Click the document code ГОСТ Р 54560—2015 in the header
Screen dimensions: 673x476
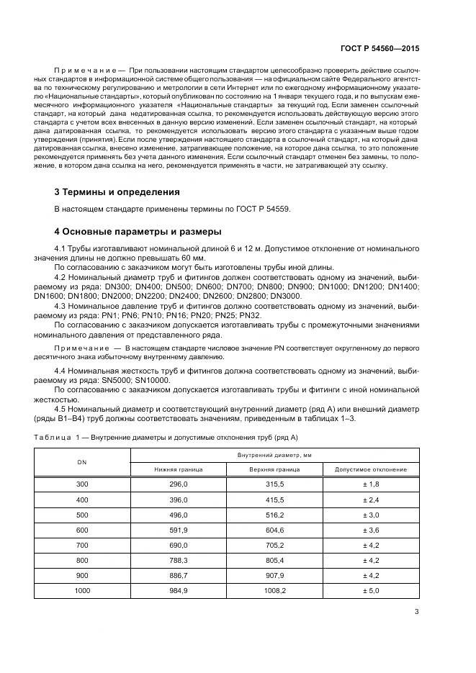[x=380, y=48]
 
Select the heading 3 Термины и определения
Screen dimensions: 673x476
[x=117, y=192]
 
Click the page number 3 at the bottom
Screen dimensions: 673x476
[x=417, y=613]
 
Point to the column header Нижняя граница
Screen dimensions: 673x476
[x=178, y=469]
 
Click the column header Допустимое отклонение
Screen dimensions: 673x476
[x=372, y=469]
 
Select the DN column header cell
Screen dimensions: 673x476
[x=82, y=462]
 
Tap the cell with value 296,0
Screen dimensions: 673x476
[x=178, y=484]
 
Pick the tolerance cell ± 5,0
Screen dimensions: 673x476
[x=372, y=590]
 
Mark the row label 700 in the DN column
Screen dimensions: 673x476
[x=82, y=545]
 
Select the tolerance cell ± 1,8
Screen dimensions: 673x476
[x=372, y=484]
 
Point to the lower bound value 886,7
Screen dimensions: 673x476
[x=178, y=575]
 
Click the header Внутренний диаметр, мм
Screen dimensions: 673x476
[x=275, y=455]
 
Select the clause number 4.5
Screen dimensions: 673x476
[x=61, y=409]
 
